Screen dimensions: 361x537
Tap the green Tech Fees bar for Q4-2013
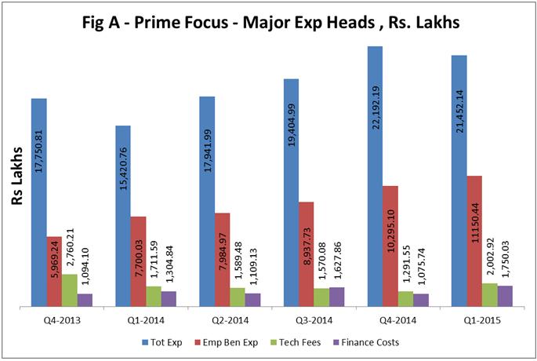70,290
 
